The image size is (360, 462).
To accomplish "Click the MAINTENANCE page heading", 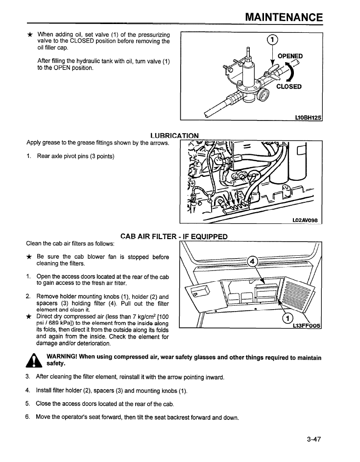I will coord(284,18).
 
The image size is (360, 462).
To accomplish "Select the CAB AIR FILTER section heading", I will coord(174,237).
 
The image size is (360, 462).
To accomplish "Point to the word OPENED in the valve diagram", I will coord(290,56).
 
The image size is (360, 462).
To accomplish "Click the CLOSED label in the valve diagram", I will coord(289,87).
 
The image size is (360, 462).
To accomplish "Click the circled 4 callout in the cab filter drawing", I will coord(253,261).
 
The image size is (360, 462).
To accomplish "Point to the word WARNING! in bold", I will coord(64,357).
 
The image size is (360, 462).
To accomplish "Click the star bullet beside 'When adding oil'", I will coord(30,35).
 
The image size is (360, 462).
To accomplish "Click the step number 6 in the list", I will coord(28,417).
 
